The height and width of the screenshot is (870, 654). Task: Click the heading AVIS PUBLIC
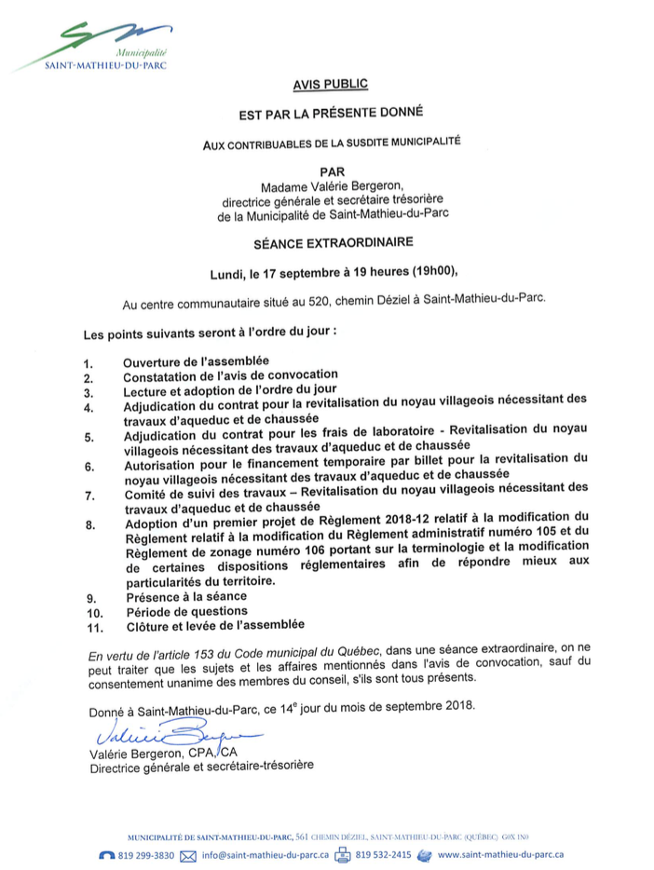331,84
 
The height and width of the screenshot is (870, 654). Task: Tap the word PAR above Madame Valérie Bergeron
331,171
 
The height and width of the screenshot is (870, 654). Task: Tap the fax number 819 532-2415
383,854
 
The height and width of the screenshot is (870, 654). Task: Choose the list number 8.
89,525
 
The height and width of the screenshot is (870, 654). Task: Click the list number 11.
92,628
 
